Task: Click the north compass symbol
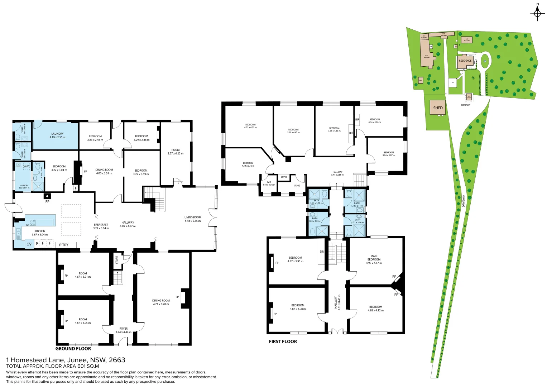click(537, 14)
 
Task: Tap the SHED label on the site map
click(438, 108)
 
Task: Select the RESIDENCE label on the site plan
click(465, 61)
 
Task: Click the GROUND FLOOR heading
click(73, 349)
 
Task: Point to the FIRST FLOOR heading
click(283, 341)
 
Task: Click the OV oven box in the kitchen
click(29, 244)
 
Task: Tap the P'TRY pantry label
click(64, 245)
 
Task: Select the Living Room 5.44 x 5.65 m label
click(193, 219)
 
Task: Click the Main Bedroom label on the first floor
click(374, 259)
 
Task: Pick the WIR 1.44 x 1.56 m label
click(269, 183)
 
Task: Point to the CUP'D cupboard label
click(284, 177)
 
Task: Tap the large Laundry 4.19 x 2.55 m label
click(57, 135)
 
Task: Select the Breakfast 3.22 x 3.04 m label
click(101, 226)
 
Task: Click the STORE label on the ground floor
click(117, 260)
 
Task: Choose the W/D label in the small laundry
click(27, 166)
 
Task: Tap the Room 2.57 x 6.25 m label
click(176, 152)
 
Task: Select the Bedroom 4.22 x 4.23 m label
click(250, 126)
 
